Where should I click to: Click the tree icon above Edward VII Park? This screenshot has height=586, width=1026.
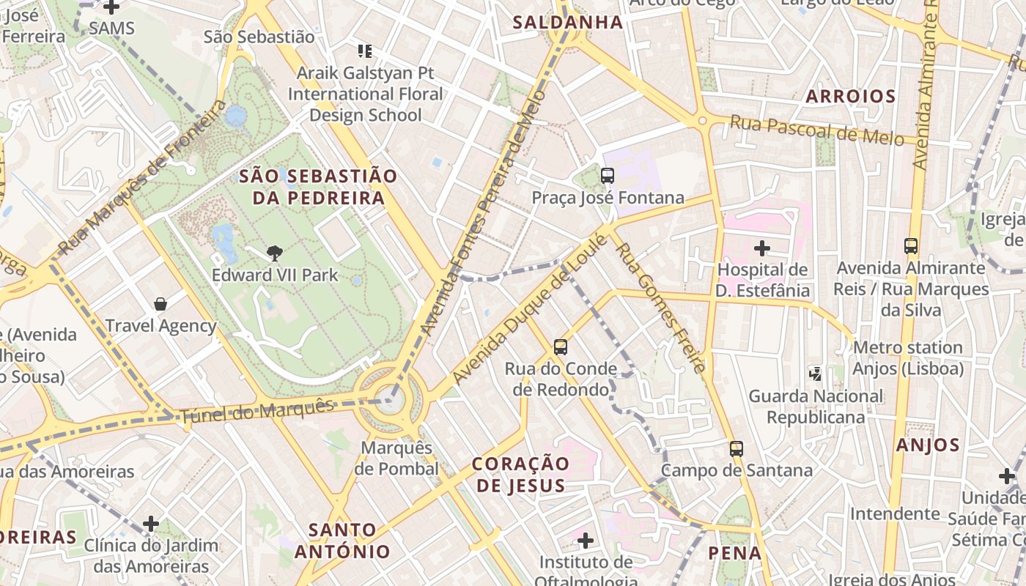click(275, 253)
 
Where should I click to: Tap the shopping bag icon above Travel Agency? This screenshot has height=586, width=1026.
click(160, 304)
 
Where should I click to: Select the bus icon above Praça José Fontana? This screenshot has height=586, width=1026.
click(607, 176)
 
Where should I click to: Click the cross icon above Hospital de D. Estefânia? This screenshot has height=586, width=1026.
click(762, 248)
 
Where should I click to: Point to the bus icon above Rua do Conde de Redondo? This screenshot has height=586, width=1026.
click(561, 346)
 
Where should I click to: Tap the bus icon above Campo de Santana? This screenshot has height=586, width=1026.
click(737, 449)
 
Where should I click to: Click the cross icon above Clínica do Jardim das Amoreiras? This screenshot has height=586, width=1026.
click(151, 524)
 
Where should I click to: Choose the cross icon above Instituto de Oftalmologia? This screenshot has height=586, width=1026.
click(585, 541)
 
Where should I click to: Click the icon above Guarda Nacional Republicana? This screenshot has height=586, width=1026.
click(815, 374)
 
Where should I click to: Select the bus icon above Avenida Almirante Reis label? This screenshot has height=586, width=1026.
click(911, 246)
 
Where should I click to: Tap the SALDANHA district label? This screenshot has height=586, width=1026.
click(568, 23)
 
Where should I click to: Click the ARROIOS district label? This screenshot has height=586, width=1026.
click(851, 96)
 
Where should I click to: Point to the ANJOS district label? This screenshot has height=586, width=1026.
click(928, 445)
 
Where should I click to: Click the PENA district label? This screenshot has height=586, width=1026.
click(735, 553)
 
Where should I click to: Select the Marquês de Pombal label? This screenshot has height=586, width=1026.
click(396, 458)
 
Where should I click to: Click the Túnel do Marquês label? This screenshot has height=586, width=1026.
click(256, 411)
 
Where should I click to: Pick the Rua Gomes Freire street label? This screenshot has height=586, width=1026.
click(660, 308)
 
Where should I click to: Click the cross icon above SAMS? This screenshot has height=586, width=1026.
click(111, 8)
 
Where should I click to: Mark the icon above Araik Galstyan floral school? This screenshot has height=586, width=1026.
click(364, 51)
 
